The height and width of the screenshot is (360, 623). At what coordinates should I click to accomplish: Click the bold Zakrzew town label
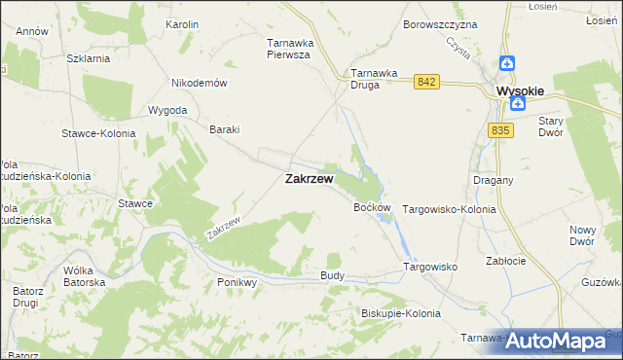[309, 179]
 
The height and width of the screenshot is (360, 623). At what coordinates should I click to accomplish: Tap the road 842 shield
[423, 83]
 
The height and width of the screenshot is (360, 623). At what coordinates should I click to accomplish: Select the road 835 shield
[501, 130]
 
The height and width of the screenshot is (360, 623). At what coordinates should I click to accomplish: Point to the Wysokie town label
[520, 91]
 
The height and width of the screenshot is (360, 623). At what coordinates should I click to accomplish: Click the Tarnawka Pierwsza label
[288, 49]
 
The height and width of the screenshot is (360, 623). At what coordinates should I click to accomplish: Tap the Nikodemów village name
[199, 83]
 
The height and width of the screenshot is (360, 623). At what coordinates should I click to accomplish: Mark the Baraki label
[225, 129]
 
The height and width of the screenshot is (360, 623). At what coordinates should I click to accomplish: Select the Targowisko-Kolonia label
[449, 209]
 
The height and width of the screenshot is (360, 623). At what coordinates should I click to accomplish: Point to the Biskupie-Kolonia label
[400, 313]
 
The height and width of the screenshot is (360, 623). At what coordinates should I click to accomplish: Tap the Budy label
[332, 276]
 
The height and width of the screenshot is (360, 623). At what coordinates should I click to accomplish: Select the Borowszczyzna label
[440, 23]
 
